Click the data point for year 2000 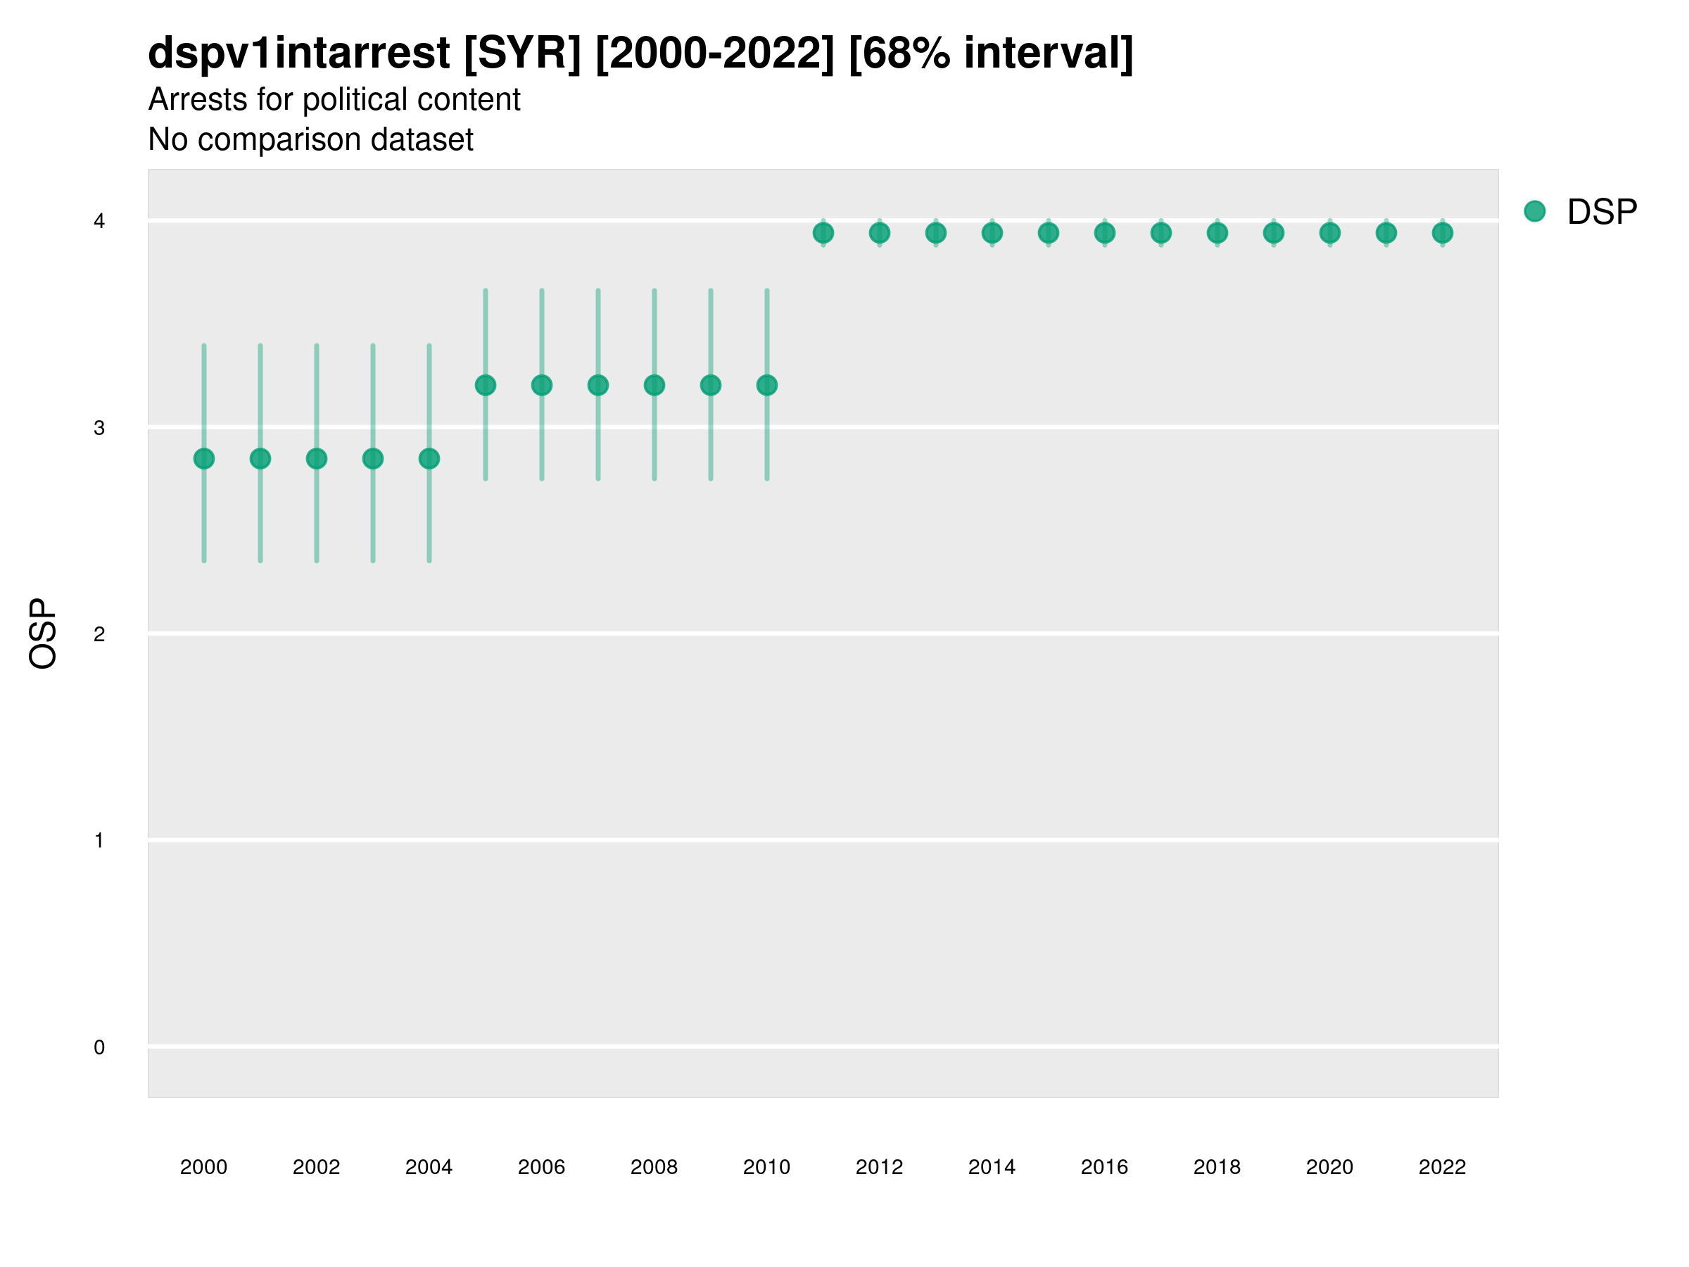click(x=204, y=458)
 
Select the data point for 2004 click(x=429, y=458)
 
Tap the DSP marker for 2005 click(x=486, y=385)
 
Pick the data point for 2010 click(x=766, y=385)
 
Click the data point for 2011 click(x=823, y=233)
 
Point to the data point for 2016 click(x=1105, y=233)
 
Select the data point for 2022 click(x=1443, y=233)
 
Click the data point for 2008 click(x=654, y=385)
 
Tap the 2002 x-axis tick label click(x=316, y=1167)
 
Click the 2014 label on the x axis click(x=992, y=1167)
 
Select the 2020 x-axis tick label click(x=1329, y=1167)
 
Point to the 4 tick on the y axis click(x=99, y=222)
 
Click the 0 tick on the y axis click(x=99, y=1047)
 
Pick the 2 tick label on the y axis click(x=99, y=634)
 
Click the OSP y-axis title click(x=43, y=634)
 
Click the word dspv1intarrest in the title click(x=298, y=53)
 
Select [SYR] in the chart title click(x=522, y=53)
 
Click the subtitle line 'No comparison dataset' click(x=311, y=139)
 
